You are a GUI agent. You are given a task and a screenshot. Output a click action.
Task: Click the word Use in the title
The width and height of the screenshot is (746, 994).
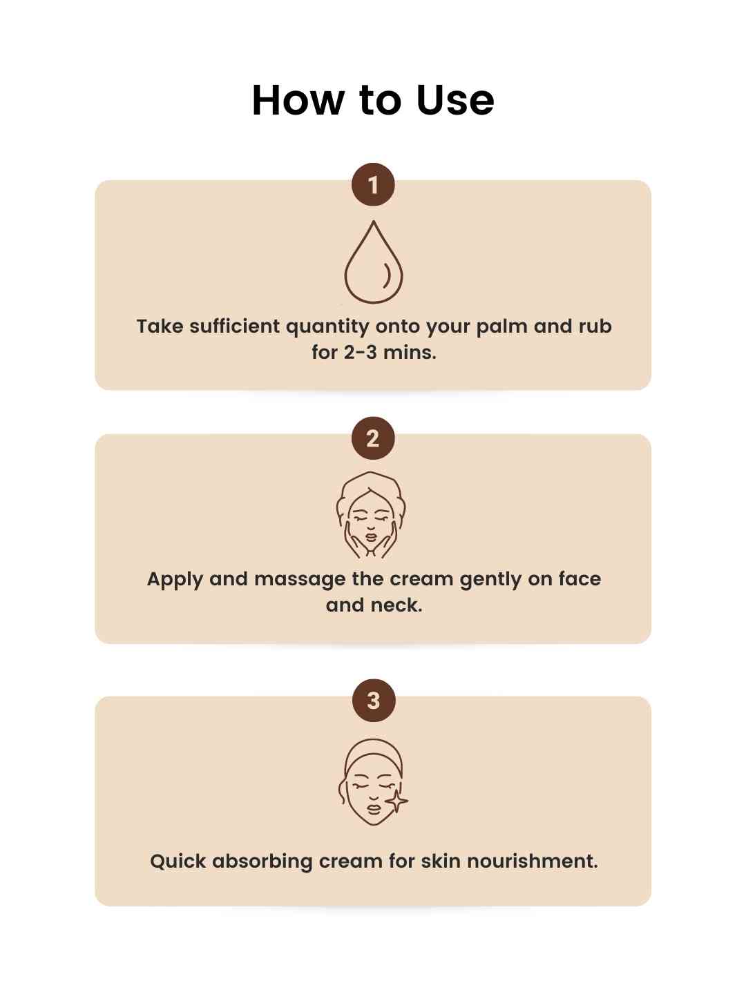click(455, 100)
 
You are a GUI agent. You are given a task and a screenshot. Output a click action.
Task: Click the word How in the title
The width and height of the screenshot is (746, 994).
click(297, 100)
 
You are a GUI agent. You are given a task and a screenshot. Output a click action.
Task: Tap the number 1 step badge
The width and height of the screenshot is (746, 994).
click(373, 185)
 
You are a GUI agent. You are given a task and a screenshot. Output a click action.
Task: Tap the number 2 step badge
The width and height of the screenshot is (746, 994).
click(373, 438)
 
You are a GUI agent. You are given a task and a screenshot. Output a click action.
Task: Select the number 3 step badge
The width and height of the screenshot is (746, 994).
click(373, 701)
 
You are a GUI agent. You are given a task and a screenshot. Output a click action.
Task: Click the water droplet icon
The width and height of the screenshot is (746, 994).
click(373, 262)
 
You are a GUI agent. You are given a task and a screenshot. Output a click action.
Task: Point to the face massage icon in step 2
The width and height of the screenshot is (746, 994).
click(371, 515)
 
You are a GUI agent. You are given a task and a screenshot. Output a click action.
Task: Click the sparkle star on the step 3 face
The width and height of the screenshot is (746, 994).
click(396, 801)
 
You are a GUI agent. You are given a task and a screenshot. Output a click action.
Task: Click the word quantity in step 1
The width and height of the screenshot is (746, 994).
click(327, 327)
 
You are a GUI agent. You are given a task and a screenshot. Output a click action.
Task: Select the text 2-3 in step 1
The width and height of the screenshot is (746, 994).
click(360, 352)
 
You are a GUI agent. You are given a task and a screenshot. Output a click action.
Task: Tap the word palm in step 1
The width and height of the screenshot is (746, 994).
click(501, 327)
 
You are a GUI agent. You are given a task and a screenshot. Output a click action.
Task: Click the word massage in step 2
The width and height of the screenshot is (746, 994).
click(299, 580)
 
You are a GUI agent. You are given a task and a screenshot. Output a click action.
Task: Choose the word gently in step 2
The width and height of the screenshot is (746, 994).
click(490, 580)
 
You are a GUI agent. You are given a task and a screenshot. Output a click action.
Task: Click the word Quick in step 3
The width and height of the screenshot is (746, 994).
click(178, 861)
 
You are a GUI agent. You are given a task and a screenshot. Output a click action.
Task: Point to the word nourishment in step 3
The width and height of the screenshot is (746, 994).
click(532, 861)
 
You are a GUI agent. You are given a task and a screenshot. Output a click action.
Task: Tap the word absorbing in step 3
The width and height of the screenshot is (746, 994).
click(262, 861)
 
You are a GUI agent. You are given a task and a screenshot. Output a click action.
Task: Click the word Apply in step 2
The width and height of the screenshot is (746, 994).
click(175, 580)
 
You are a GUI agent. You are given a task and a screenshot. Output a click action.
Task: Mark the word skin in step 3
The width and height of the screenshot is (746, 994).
click(440, 861)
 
